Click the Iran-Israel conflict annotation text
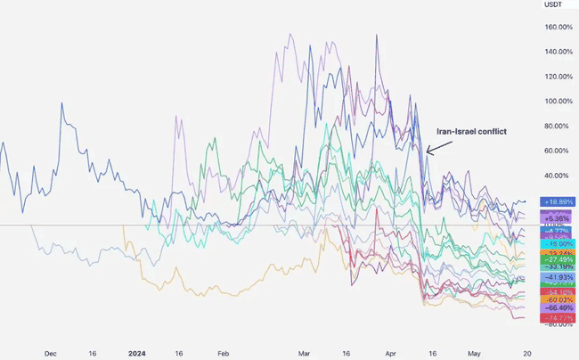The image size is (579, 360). pyautogui.click(x=471, y=131)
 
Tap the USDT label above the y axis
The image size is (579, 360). pyautogui.click(x=554, y=6)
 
